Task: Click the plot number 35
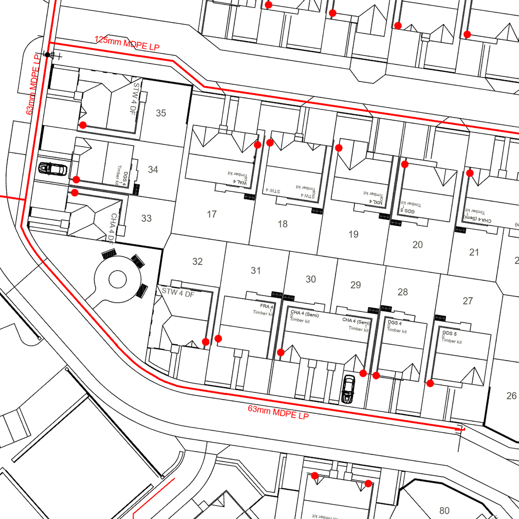(x=161, y=113)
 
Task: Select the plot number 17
(x=212, y=214)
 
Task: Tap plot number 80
(x=444, y=510)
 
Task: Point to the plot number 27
(x=468, y=301)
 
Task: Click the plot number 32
(x=198, y=261)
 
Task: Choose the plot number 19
(x=353, y=235)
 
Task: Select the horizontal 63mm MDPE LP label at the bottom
(x=278, y=412)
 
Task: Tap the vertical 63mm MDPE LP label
(x=33, y=84)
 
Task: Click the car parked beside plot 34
(x=53, y=169)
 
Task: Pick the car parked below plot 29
(x=348, y=389)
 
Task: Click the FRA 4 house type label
(x=267, y=306)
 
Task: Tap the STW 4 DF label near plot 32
(x=178, y=292)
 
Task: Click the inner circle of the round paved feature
(x=117, y=278)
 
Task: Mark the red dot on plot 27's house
(x=430, y=383)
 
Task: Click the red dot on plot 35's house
(x=83, y=125)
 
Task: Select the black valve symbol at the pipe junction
(x=47, y=55)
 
